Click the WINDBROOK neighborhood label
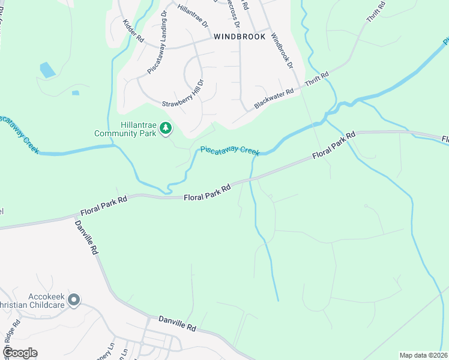point(239,37)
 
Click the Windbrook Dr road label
point(281,50)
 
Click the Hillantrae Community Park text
point(125,129)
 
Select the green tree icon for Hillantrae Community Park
point(166,128)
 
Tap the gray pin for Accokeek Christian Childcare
point(74,299)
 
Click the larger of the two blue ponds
point(47,70)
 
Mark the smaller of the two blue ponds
point(75,93)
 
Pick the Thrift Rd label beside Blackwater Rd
point(318,79)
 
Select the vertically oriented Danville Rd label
point(86,238)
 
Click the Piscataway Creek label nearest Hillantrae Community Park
point(231,150)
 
